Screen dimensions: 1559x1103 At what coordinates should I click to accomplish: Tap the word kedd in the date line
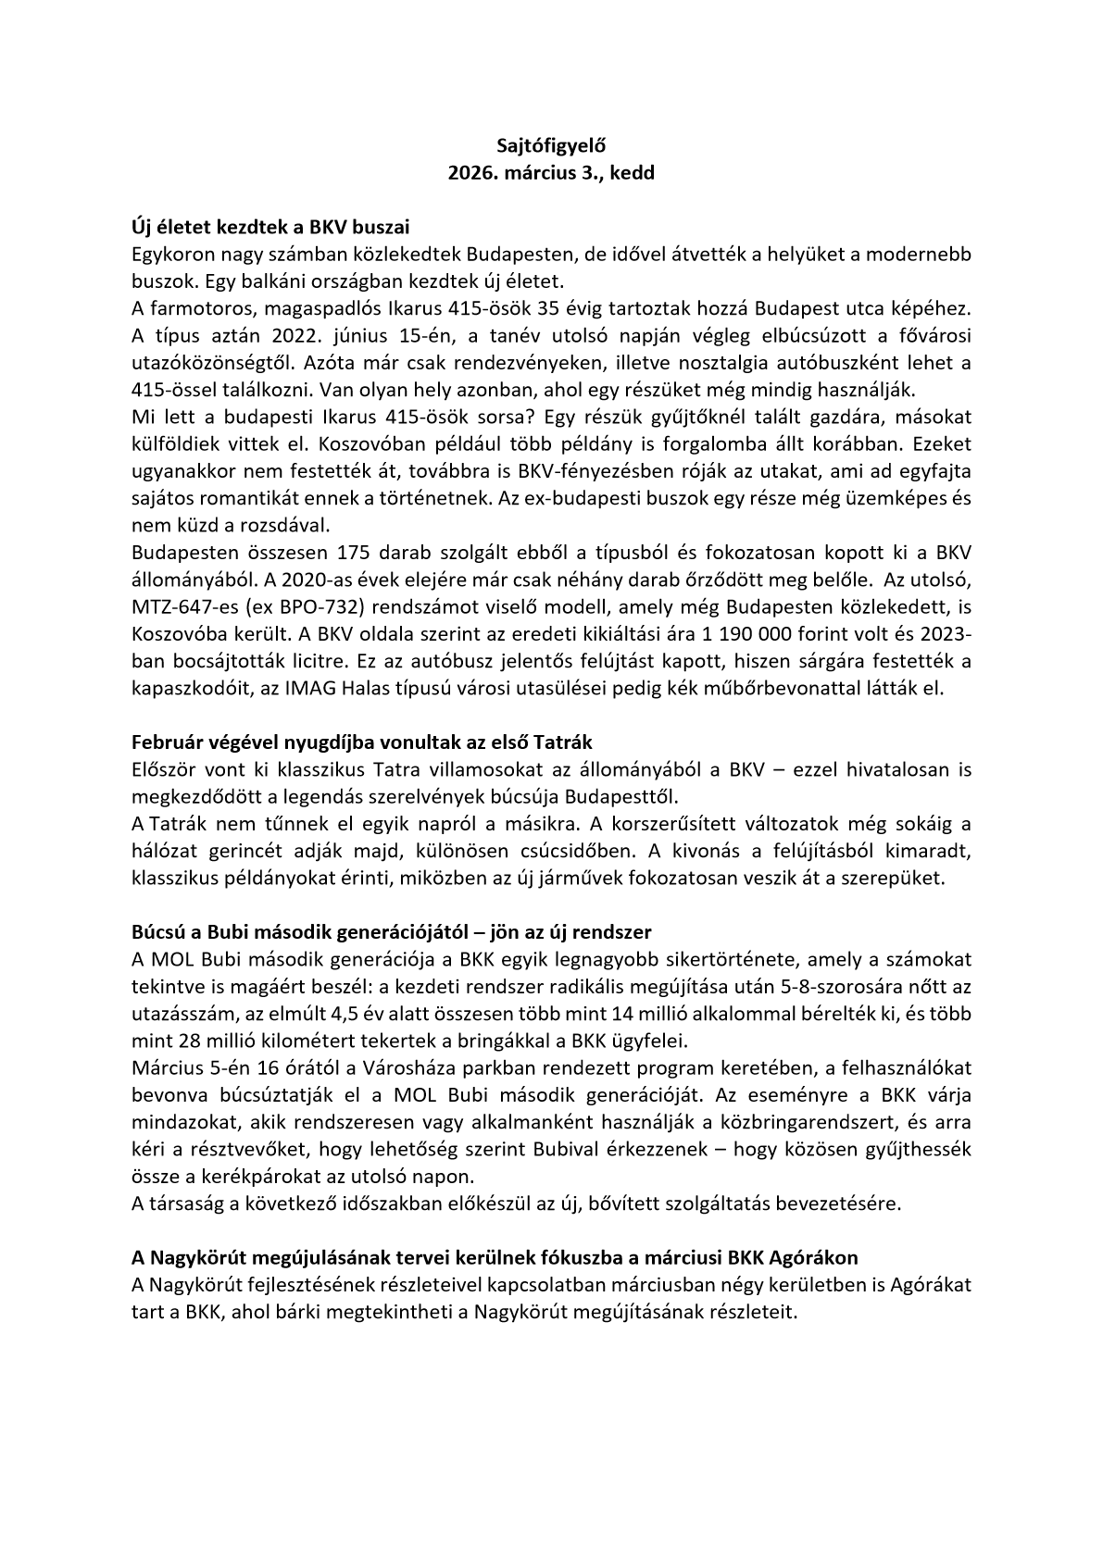point(633,173)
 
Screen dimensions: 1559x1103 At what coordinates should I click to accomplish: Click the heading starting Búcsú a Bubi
point(392,931)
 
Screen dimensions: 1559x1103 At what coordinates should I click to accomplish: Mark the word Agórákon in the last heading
point(816,1257)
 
